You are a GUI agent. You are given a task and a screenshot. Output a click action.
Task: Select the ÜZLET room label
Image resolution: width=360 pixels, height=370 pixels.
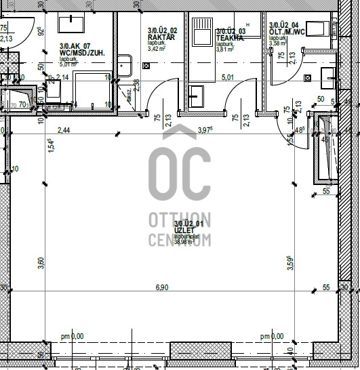point(184,230)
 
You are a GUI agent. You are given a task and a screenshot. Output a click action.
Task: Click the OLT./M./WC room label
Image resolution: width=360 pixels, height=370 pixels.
point(287,30)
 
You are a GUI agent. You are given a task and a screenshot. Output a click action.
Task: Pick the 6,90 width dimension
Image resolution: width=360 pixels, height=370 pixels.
point(163,288)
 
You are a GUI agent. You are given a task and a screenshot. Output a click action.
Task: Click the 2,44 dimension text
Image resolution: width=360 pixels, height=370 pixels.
point(64,130)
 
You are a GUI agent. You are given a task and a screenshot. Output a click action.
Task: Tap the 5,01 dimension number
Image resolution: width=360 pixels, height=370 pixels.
point(227,77)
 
